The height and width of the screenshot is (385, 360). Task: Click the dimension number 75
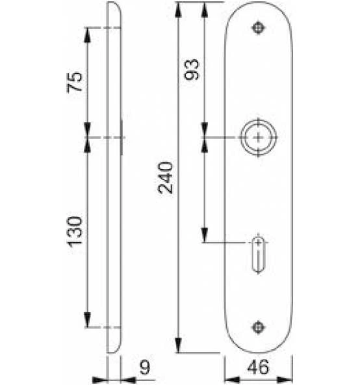pyautogui.click(x=75, y=82)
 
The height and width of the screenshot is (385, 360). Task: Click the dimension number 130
pyautogui.click(x=75, y=232)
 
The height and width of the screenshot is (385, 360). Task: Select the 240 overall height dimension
pyautogui.click(x=166, y=178)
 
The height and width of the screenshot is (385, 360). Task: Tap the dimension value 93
pyautogui.click(x=192, y=70)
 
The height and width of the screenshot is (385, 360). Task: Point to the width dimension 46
pyautogui.click(x=258, y=367)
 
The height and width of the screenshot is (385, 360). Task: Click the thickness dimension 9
pyautogui.click(x=145, y=367)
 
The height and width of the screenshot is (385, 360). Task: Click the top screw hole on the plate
pyautogui.click(x=258, y=28)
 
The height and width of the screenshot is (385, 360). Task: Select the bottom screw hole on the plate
pyautogui.click(x=258, y=327)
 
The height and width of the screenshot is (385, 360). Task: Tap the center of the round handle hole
pyautogui.click(x=258, y=137)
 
